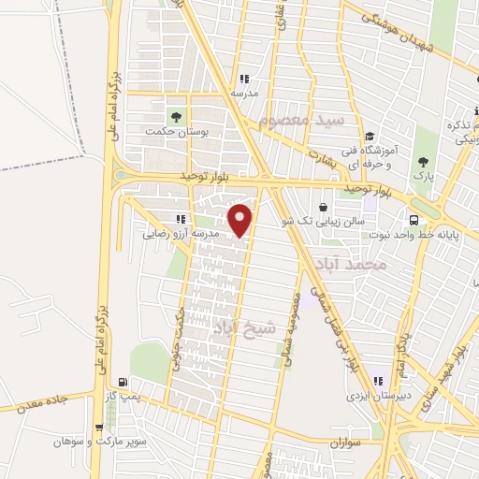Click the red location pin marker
[x=241, y=220]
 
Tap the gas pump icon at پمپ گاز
[x=123, y=382]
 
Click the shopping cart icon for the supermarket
[x=98, y=428]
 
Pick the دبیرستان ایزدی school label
[x=372, y=396]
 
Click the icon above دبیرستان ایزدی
[x=379, y=381]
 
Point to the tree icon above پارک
[x=425, y=162]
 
